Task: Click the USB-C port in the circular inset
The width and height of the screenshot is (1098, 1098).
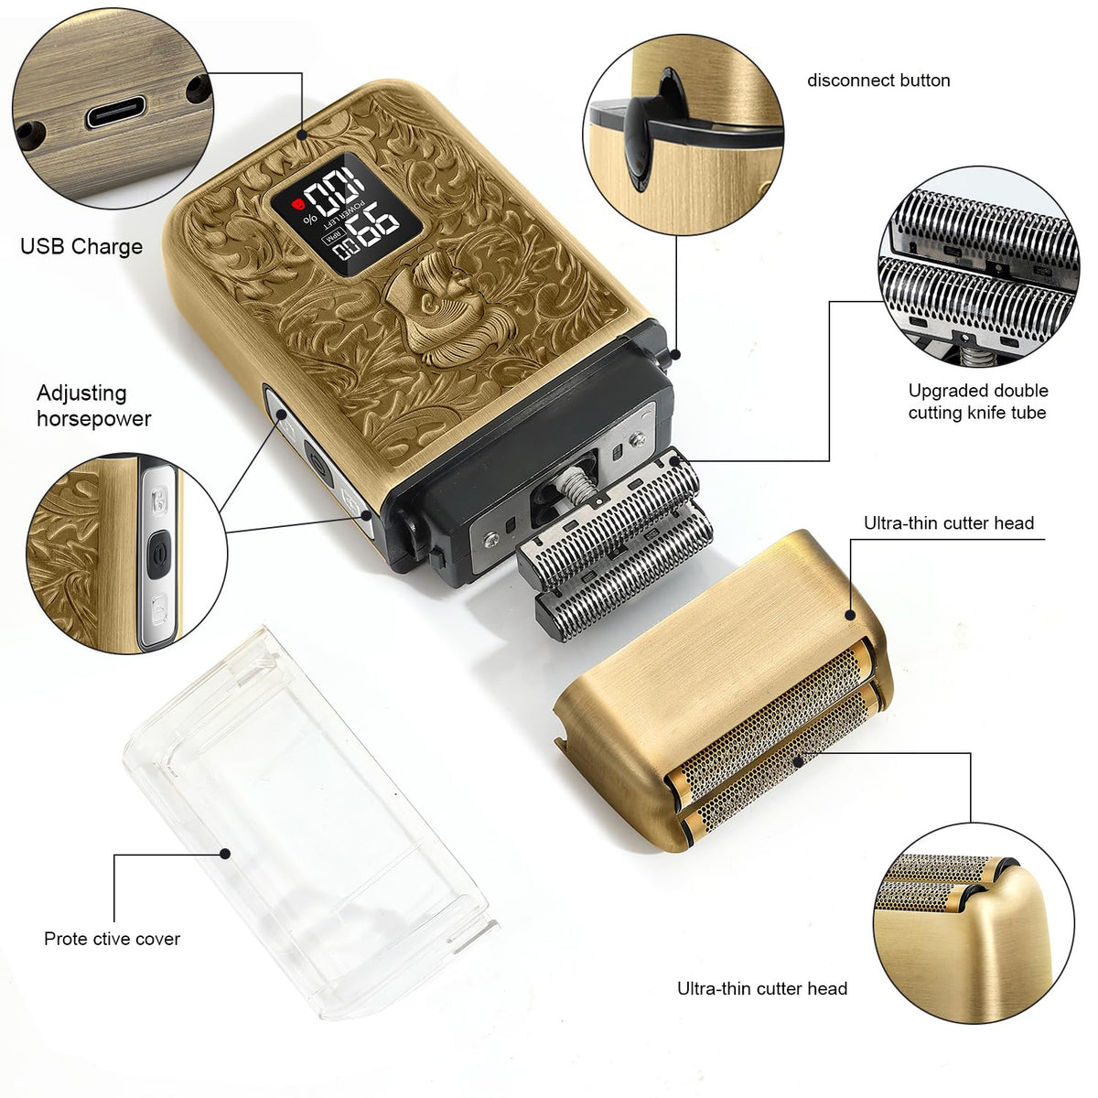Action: point(115,113)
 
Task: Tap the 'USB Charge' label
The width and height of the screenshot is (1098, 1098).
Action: point(81,247)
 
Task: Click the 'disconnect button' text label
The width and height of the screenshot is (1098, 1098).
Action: point(878,81)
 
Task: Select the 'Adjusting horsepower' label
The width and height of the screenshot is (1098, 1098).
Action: point(94,405)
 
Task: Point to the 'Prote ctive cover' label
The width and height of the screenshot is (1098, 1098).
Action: point(113,939)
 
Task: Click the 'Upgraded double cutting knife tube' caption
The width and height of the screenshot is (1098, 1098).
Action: point(978,402)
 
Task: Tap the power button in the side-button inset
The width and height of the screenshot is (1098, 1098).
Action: point(159,551)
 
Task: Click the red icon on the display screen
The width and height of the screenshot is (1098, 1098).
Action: point(296,205)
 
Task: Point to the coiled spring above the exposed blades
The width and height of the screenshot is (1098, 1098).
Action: point(573,486)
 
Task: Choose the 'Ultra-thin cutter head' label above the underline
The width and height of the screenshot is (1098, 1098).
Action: point(949,523)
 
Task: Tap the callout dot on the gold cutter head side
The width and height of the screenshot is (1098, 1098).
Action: point(849,615)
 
